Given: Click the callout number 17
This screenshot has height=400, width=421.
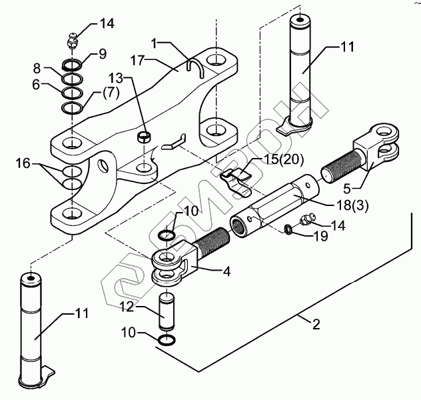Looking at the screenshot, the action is (x=138, y=61).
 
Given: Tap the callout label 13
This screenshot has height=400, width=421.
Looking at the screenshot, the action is (x=116, y=78).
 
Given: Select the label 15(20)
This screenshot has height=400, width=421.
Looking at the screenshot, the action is (x=284, y=160).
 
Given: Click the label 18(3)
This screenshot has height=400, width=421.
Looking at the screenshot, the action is (x=353, y=205).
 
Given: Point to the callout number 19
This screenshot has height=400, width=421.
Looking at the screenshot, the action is (x=320, y=236).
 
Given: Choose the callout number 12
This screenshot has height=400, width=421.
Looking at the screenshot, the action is (x=127, y=307).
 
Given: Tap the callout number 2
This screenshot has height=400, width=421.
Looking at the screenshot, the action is (x=316, y=324).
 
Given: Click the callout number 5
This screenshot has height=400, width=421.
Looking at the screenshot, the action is (x=347, y=189).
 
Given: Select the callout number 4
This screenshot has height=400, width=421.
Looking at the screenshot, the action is (x=227, y=271).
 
